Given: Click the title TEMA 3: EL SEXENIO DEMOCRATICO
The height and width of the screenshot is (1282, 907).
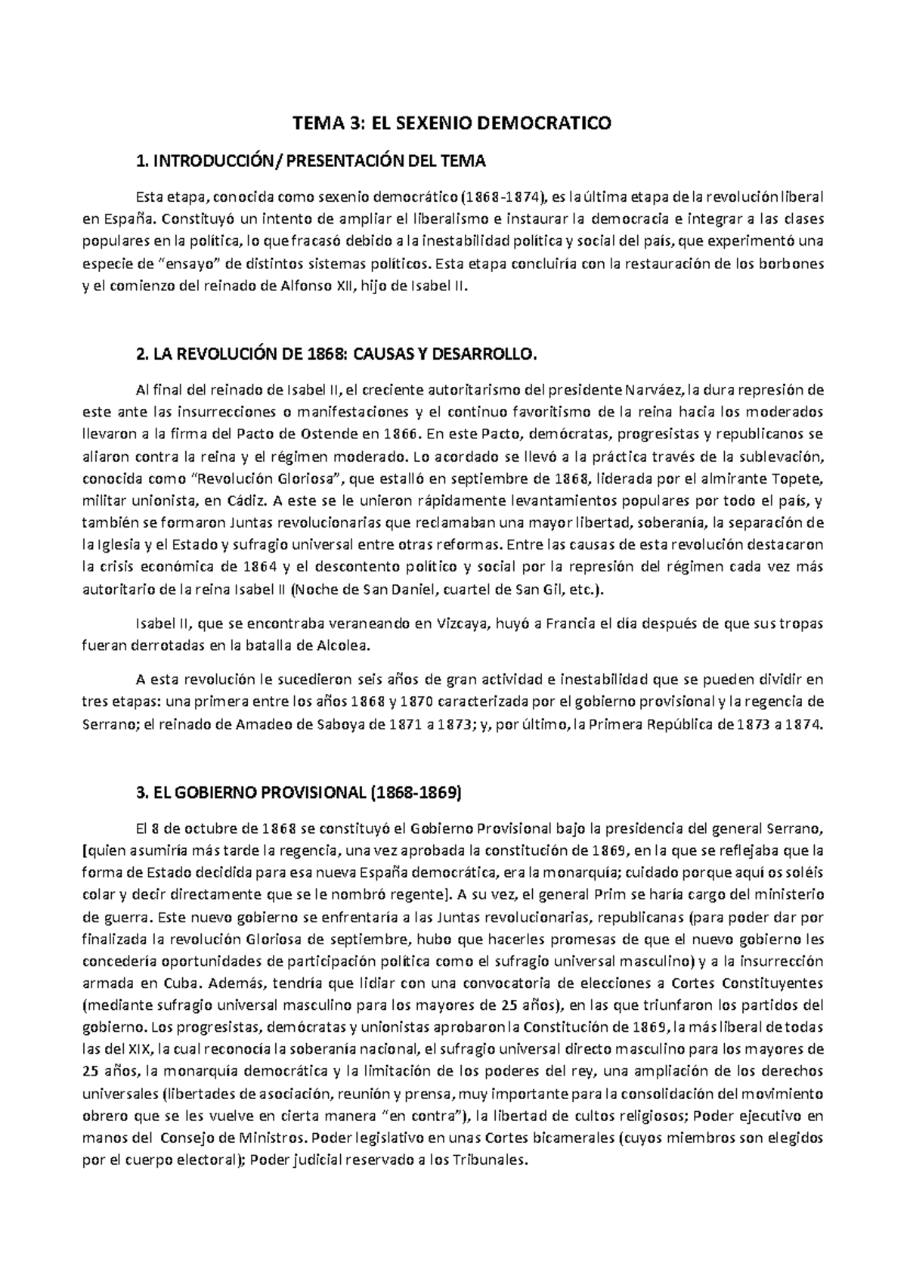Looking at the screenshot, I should coord(452,123).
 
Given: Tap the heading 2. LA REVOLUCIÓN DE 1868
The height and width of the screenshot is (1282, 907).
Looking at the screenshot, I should coord(334,355).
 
